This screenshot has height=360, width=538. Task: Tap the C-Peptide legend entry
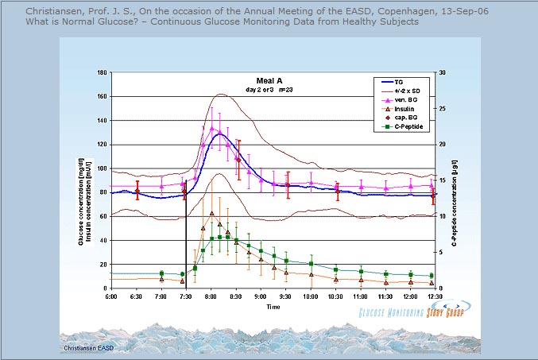(x=406, y=126)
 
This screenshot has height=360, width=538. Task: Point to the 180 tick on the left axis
(x=101, y=72)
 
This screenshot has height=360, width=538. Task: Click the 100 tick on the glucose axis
(x=101, y=168)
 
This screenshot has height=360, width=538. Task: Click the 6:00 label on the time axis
(x=111, y=296)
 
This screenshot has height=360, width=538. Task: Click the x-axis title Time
(x=273, y=306)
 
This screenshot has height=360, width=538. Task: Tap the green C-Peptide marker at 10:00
(x=311, y=263)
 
